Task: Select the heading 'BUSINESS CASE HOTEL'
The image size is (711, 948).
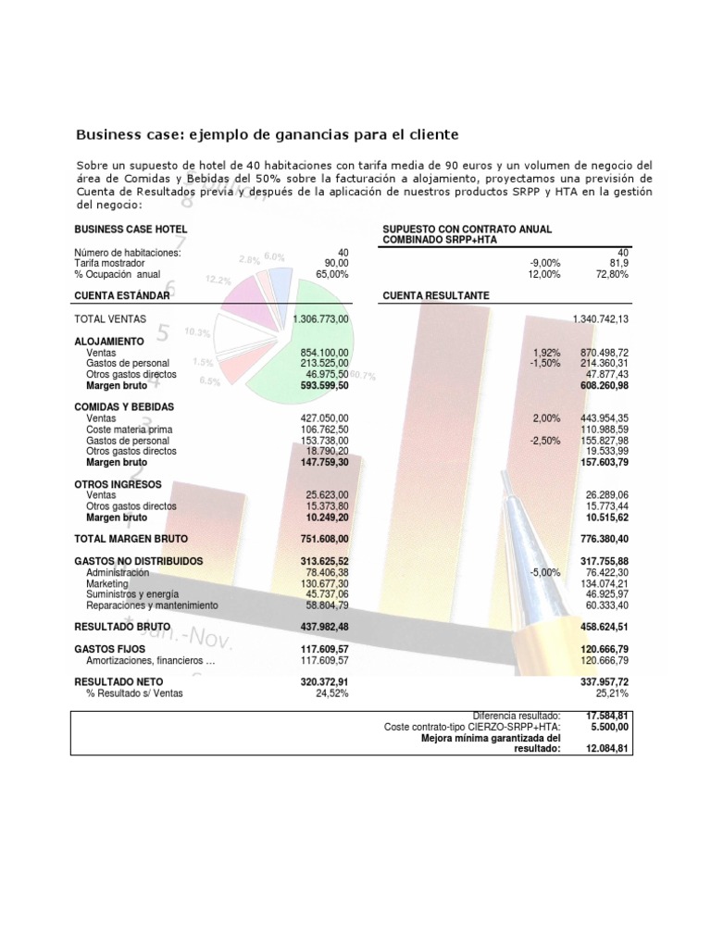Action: pyautogui.click(x=131, y=229)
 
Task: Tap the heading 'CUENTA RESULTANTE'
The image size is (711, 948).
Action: pyautogui.click(x=435, y=295)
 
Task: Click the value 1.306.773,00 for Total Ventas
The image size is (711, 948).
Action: pyautogui.click(x=320, y=318)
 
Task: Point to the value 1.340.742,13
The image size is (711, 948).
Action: pyautogui.click(x=601, y=318)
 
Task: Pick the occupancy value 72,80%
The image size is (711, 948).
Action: pyautogui.click(x=612, y=274)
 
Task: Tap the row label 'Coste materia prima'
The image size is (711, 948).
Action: pyautogui.click(x=129, y=430)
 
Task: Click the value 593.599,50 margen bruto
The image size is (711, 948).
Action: pyautogui.click(x=319, y=385)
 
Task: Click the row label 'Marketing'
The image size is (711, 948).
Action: pyautogui.click(x=107, y=584)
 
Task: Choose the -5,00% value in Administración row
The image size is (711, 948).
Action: pyautogui.click(x=544, y=573)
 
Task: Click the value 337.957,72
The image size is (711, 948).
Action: pyautogui.click(x=603, y=680)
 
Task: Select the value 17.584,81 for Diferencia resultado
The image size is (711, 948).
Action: pyautogui.click(x=607, y=716)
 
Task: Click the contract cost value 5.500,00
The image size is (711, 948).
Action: pyautogui.click(x=612, y=728)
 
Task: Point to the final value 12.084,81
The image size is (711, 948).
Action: pyautogui.click(x=607, y=749)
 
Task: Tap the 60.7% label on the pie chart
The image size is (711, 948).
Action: pyautogui.click(x=363, y=376)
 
